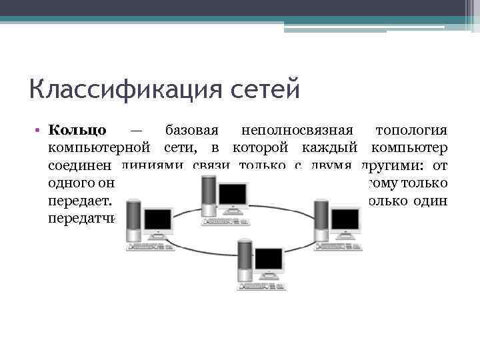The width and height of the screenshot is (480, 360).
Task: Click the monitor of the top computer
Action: click(233, 194)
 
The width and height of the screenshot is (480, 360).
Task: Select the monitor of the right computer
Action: click(345, 219)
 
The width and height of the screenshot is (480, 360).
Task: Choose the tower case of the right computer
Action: click(323, 217)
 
